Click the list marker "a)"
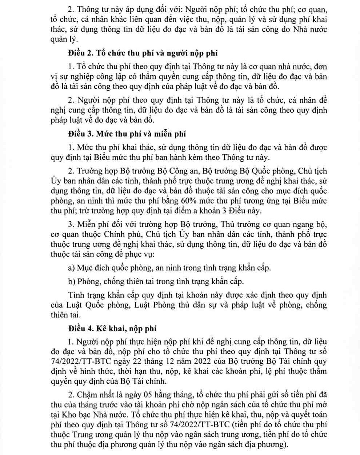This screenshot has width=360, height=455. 72,268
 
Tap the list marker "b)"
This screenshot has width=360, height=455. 72,281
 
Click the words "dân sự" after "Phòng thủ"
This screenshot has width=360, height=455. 199,305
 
